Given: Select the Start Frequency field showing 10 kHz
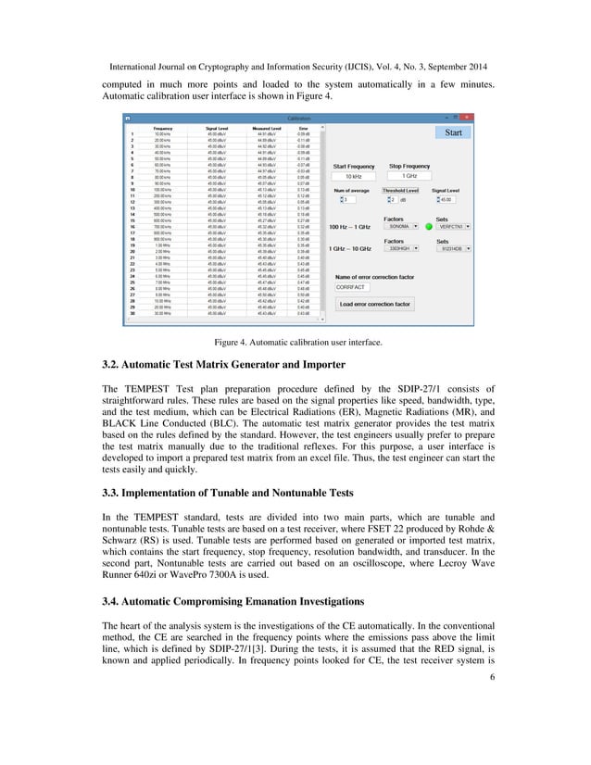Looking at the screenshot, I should point(353,176).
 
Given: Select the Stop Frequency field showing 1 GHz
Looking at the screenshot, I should point(409,176).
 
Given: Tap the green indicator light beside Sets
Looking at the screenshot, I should point(429,225).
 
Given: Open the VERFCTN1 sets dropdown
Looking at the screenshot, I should point(454,225).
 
